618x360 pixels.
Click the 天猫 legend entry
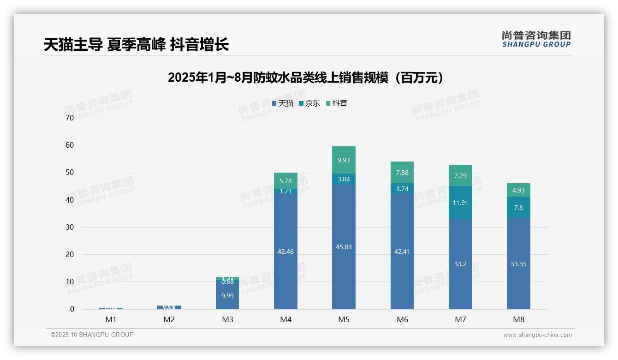pos(283,103)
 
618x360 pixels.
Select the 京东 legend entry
pos(309,103)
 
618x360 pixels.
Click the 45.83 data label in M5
pos(344,247)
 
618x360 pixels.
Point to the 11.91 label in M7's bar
pos(460,203)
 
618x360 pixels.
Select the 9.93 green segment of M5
pos(344,160)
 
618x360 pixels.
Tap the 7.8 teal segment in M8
pos(518,208)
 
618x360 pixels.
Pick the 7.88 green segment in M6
pos(402,173)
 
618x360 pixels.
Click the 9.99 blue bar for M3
pos(227,296)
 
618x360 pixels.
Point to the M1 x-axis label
pos(111,319)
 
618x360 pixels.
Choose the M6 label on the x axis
pos(402,319)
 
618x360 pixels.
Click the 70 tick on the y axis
pos(70,118)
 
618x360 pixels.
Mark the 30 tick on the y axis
pos(70,227)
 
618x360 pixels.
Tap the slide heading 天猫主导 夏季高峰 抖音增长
pos(136,45)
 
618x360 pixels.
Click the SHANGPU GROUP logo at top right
pos(536,39)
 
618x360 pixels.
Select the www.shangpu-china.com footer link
pos(537,335)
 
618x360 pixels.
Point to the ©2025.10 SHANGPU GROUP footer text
pos(92,335)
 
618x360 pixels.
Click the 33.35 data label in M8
pos(518,264)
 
